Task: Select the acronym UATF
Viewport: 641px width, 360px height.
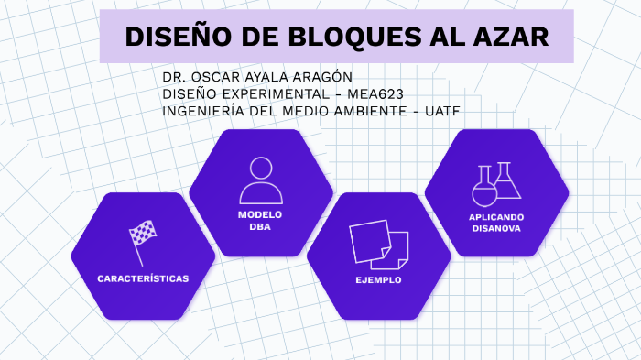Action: coord(441,111)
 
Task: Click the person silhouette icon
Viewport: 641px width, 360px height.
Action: coord(261,180)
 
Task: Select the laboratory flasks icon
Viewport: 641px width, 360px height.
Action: coord(496,183)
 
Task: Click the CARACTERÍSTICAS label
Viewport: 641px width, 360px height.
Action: coord(143,278)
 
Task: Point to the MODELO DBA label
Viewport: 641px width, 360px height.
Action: coord(261,220)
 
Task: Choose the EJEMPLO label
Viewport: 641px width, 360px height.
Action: coord(378,279)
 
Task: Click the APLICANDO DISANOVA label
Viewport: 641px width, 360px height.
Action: coord(496,223)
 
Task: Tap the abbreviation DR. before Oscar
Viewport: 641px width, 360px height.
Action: coord(174,76)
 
